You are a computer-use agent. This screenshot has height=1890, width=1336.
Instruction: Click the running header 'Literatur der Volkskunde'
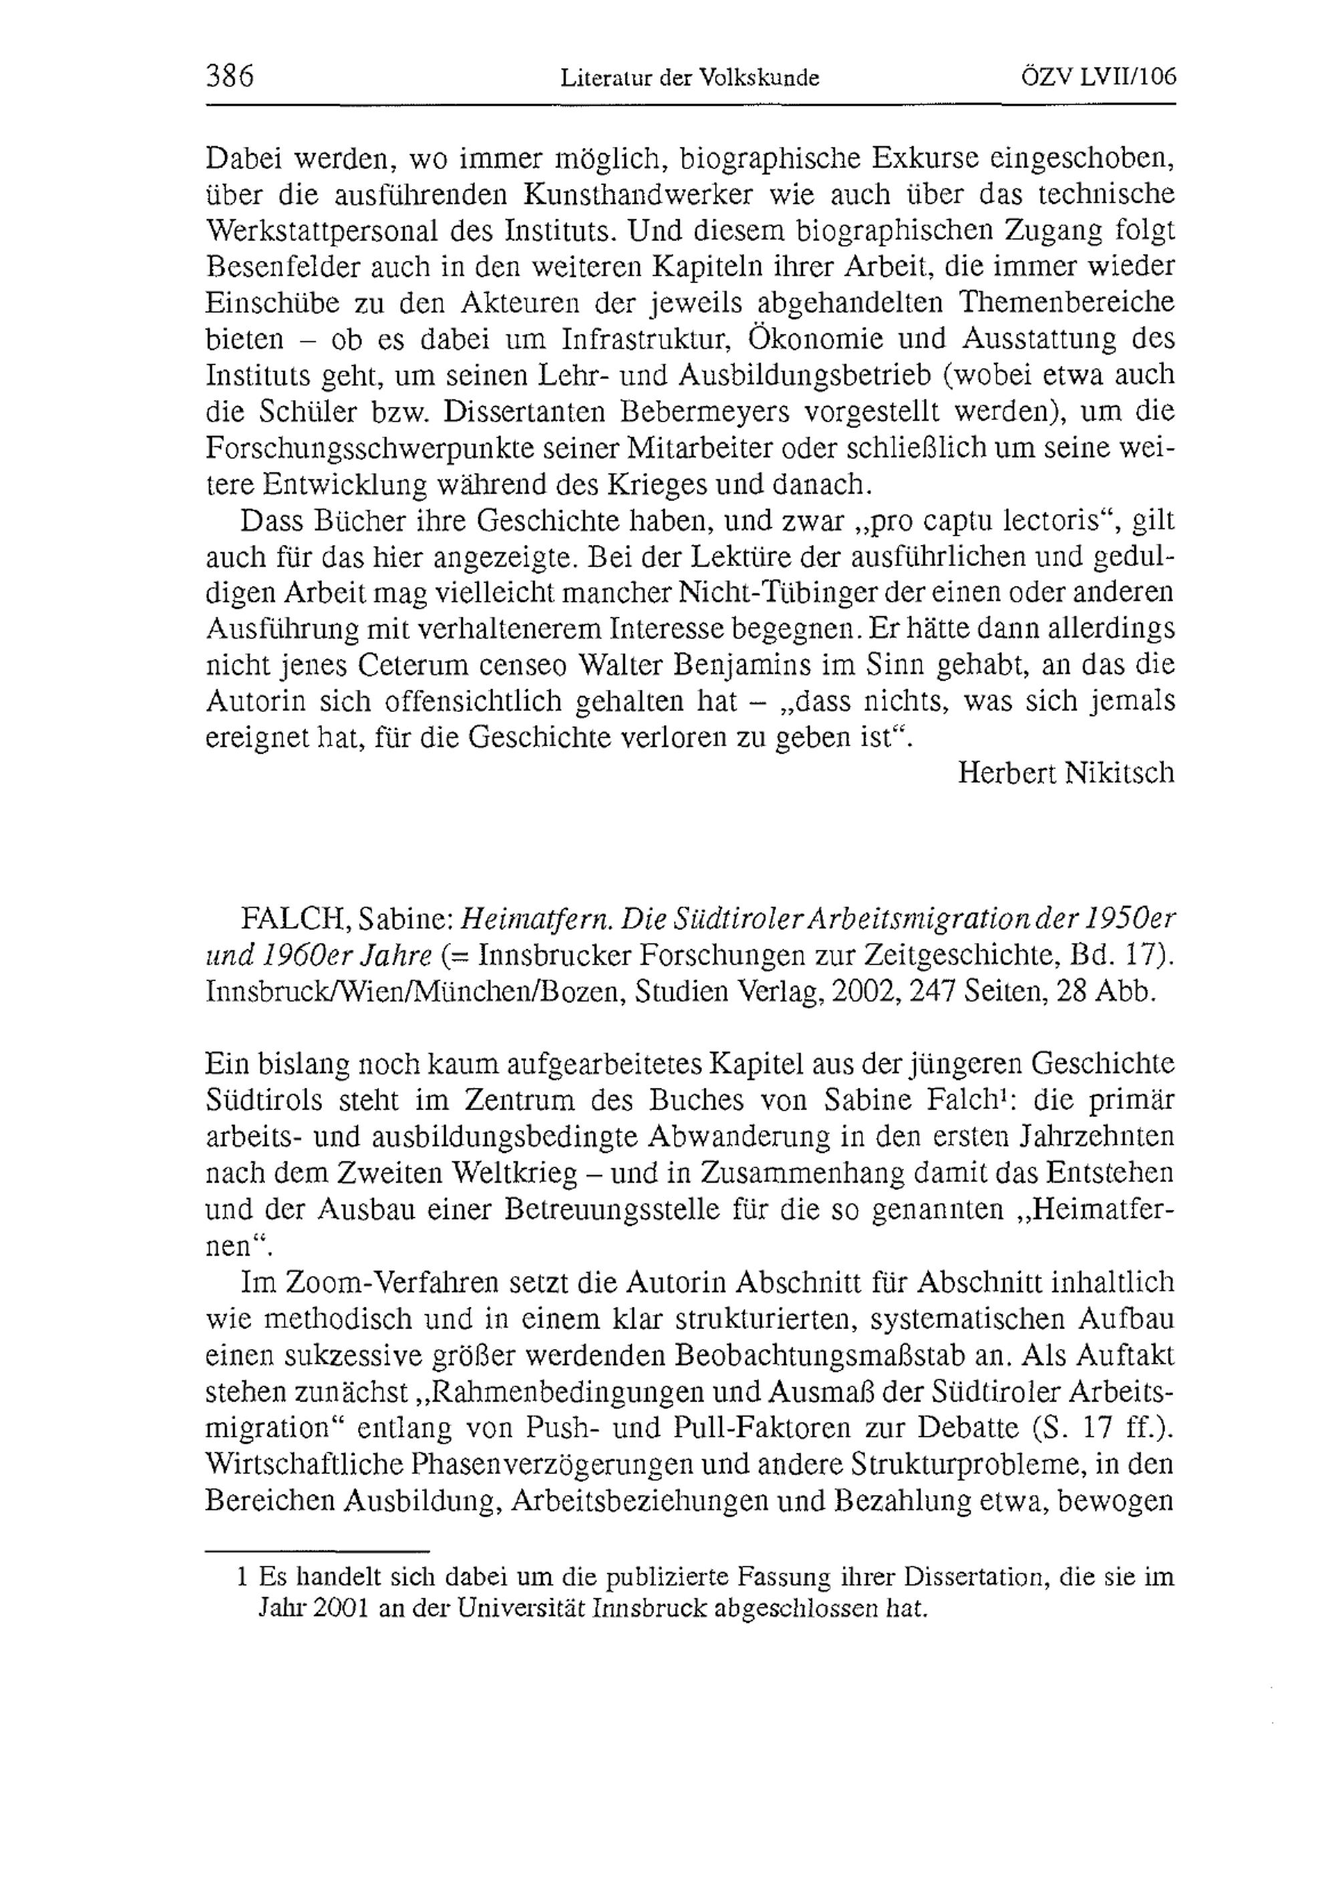690,78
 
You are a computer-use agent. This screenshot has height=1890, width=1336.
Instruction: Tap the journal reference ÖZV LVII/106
1098,77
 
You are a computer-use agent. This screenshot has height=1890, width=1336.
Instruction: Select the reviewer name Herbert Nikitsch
1066,773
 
